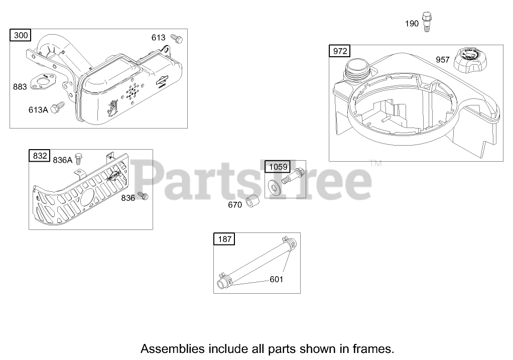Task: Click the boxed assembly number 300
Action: tap(21, 35)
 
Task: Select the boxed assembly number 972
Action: tap(339, 51)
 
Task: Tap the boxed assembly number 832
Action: tap(40, 156)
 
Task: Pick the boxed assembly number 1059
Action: tap(279, 167)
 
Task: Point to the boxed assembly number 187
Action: tap(224, 239)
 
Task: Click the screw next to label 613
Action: tap(176, 38)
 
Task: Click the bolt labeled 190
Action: tap(427, 22)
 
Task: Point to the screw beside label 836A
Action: tap(78, 158)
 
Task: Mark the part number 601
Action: tap(277, 279)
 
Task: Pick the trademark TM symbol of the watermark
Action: tap(375, 163)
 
